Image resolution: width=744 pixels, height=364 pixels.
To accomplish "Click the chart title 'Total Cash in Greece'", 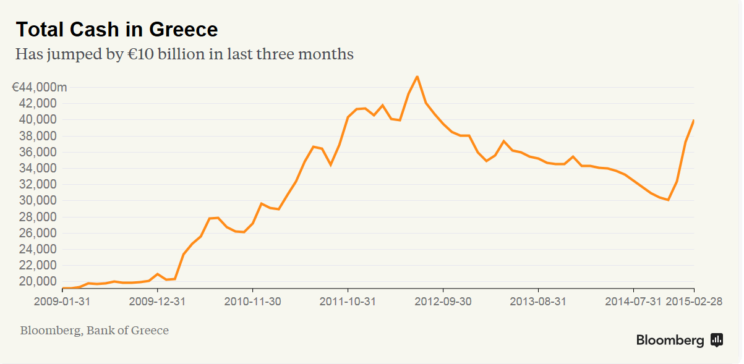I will pyautogui.click(x=116, y=29).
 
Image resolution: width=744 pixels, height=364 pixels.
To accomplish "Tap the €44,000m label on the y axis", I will pyautogui.click(x=39, y=87).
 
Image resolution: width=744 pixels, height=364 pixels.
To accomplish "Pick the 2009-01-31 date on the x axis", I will pyautogui.click(x=62, y=302).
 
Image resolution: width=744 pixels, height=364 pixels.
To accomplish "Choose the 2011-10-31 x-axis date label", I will pyautogui.click(x=348, y=302).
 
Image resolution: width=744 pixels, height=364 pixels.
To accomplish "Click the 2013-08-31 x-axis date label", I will pyautogui.click(x=538, y=302).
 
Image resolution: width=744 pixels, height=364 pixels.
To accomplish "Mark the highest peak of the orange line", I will pyautogui.click(x=417, y=77).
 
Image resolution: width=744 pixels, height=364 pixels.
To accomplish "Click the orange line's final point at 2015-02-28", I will pyautogui.click(x=694, y=121).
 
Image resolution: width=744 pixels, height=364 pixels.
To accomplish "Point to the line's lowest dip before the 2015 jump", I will pyautogui.click(x=668, y=200).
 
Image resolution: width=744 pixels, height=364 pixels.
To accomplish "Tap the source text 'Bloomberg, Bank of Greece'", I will pyautogui.click(x=94, y=331).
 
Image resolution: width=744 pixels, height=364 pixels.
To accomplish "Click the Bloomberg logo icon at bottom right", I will pyautogui.click(x=717, y=339).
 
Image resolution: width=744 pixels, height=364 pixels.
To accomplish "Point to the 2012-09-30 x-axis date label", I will pyautogui.click(x=443, y=302).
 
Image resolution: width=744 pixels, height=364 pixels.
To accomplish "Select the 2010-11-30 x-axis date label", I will pyautogui.click(x=252, y=302).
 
